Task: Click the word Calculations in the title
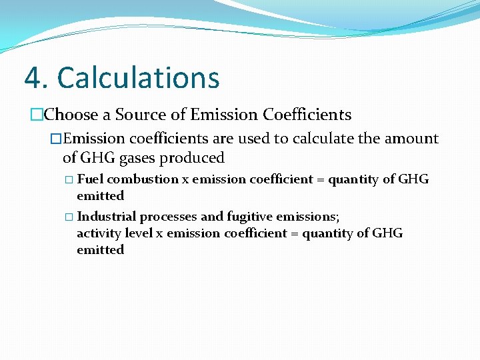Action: click(138, 78)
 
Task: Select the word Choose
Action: click(71, 115)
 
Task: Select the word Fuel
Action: click(91, 179)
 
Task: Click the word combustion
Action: click(143, 179)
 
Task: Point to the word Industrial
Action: click(104, 217)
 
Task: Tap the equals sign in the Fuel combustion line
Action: click(320, 180)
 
